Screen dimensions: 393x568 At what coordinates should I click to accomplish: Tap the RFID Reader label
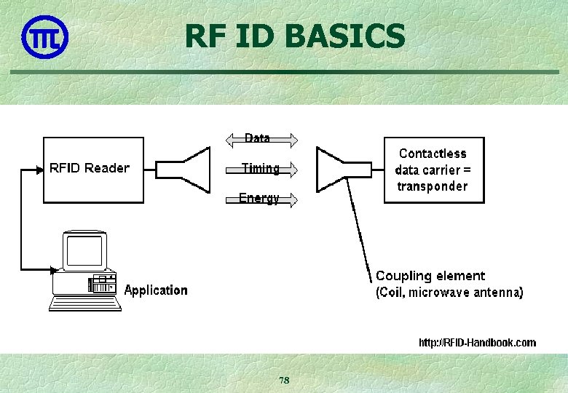[90, 168]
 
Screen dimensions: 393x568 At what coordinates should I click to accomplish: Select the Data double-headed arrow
[261, 138]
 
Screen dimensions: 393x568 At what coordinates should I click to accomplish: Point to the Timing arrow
[262, 169]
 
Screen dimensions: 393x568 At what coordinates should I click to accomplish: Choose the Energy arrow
[262, 199]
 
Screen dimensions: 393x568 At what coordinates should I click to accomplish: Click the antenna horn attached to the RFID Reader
[185, 170]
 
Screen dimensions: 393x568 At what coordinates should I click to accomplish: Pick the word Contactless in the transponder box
[433, 154]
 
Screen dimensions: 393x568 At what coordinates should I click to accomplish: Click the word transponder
[433, 186]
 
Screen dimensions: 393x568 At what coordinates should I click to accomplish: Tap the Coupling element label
[430, 276]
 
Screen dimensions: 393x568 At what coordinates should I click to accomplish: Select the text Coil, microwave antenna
[449, 293]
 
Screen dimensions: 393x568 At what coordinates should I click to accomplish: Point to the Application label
[156, 290]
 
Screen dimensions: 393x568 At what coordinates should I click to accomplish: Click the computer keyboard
[85, 302]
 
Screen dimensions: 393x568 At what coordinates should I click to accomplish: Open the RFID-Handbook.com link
[477, 342]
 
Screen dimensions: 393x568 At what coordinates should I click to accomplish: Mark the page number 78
[284, 381]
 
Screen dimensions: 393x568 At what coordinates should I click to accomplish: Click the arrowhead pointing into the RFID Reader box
[39, 170]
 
